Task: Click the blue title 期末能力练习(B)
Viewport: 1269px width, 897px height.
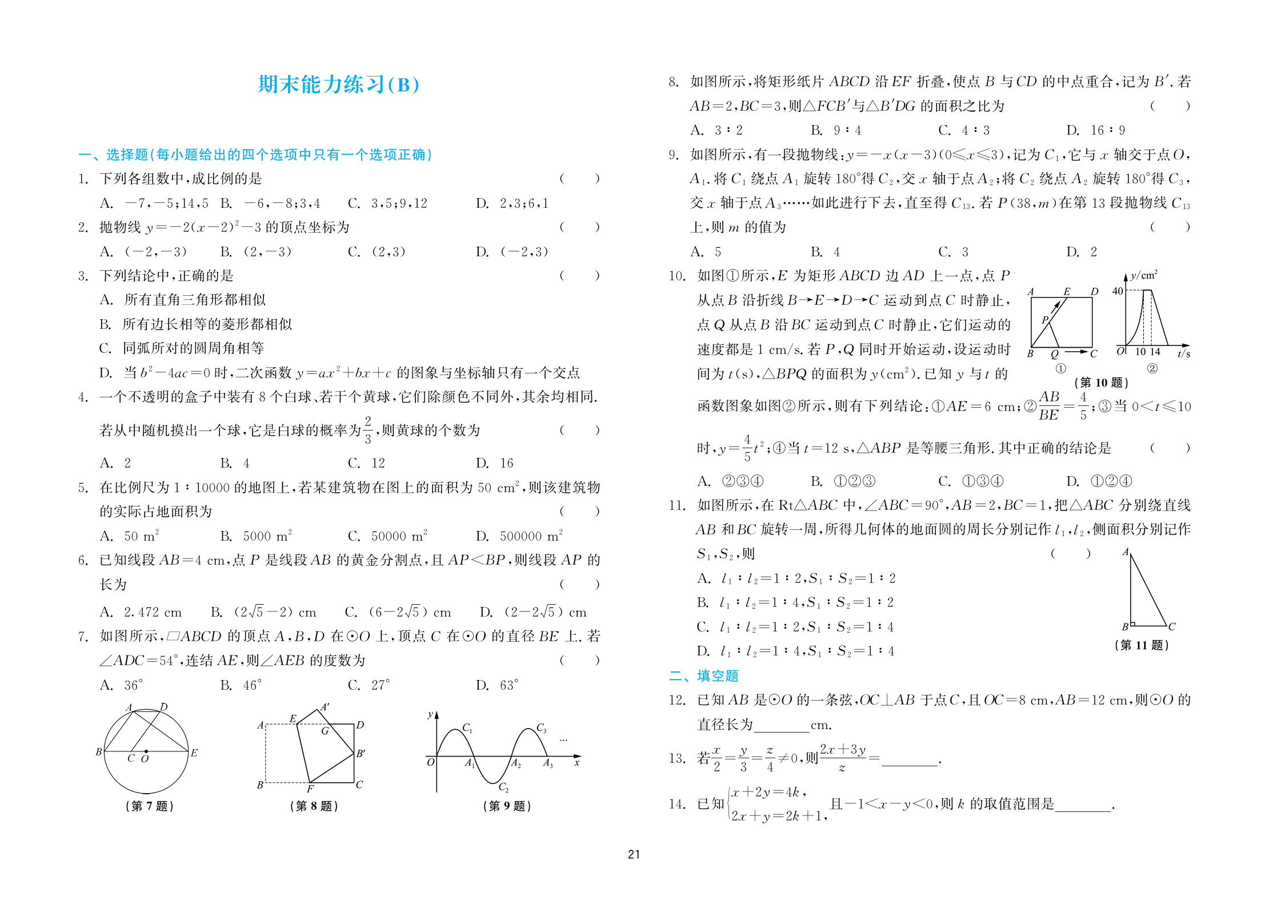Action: (339, 85)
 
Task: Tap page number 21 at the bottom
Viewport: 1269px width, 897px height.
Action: (634, 854)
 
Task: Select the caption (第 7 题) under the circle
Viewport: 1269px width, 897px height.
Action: (149, 806)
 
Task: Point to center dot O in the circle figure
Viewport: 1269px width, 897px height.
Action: (146, 751)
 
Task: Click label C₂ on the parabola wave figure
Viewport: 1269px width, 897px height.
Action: (503, 787)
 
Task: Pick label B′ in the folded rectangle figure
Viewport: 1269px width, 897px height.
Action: (361, 753)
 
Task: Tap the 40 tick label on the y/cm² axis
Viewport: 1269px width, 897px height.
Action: (1118, 291)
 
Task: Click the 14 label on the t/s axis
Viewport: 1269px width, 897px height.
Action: (1155, 352)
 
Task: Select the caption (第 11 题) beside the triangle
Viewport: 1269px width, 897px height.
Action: (1141, 645)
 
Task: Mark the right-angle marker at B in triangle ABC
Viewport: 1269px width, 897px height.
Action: (1133, 624)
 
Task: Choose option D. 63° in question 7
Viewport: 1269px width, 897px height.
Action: (497, 685)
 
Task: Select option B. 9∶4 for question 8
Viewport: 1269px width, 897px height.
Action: (835, 130)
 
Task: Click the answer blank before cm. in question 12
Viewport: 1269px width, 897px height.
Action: (781, 726)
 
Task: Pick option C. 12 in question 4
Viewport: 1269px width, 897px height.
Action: (366, 462)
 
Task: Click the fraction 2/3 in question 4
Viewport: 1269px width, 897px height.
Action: (368, 429)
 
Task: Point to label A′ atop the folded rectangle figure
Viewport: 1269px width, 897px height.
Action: (325, 707)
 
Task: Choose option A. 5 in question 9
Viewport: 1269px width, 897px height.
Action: (706, 252)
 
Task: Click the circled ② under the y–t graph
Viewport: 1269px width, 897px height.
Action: (1152, 369)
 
